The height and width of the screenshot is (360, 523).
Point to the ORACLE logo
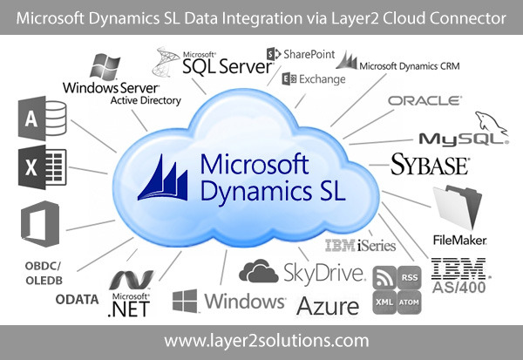click(425, 101)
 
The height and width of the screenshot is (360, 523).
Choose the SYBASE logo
click(430, 164)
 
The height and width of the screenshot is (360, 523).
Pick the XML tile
click(383, 300)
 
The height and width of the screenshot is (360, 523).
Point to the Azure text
click(328, 306)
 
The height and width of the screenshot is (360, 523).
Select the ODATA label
click(79, 299)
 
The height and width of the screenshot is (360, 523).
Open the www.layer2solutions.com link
click(261, 340)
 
